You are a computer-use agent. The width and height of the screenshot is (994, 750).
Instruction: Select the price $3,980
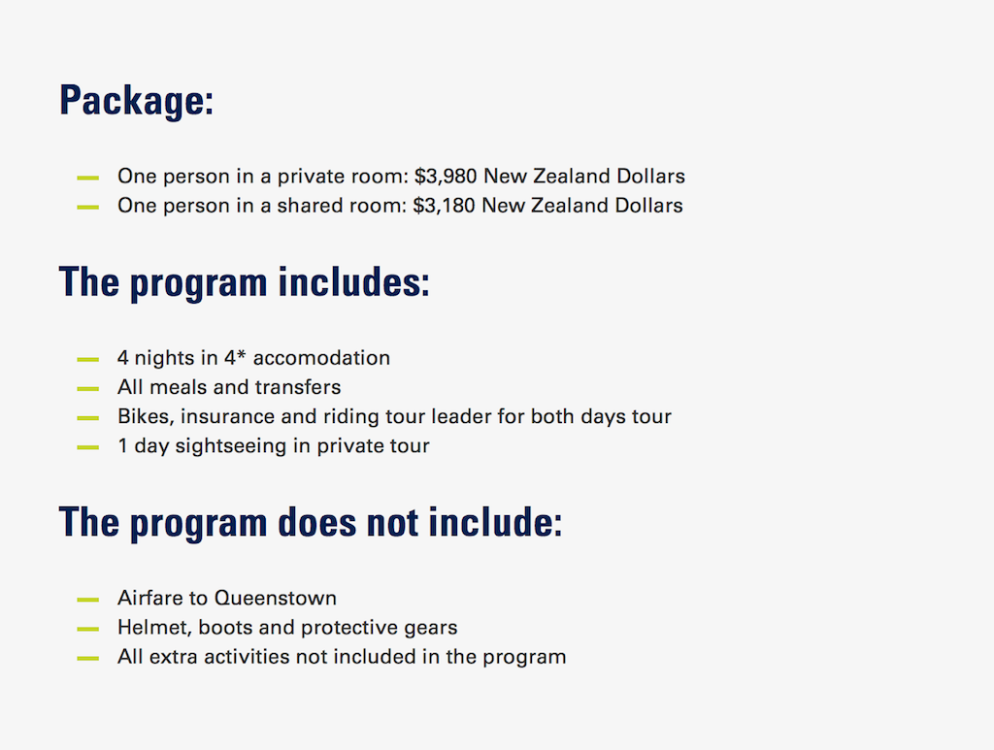pos(445,176)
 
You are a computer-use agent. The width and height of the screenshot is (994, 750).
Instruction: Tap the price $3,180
pos(443,206)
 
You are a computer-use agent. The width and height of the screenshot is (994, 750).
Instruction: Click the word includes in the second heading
pos(353,281)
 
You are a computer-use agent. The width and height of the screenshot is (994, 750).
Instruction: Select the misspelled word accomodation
pos(321,358)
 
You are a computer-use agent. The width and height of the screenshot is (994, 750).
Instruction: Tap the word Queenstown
pos(275,598)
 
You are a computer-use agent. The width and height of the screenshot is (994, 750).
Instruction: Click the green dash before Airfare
pos(87,600)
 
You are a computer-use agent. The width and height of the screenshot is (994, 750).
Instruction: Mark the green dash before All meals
pos(87,388)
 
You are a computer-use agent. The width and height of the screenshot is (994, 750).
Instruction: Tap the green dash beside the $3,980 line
pos(87,178)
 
